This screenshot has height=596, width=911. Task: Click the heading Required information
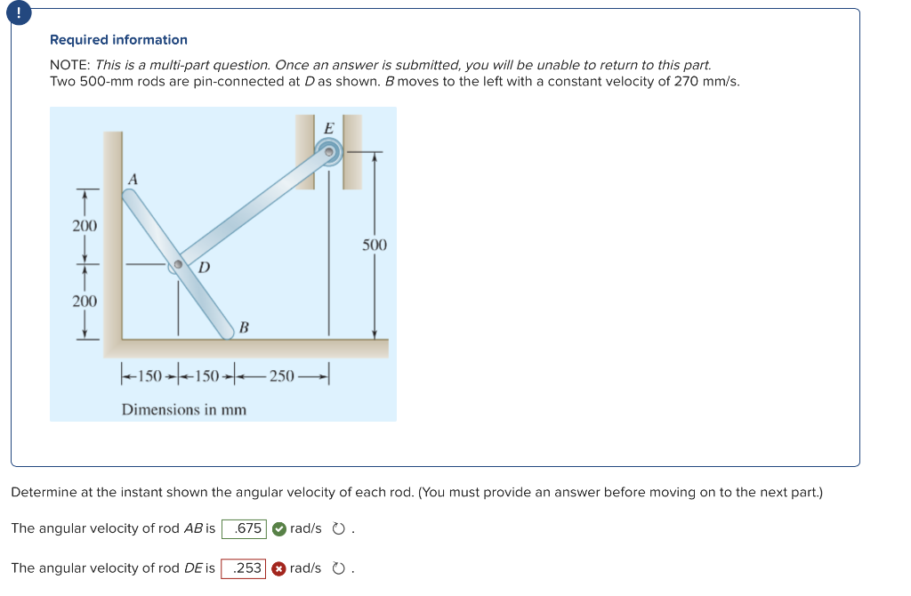point(118,40)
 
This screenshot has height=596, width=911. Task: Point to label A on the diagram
point(133,179)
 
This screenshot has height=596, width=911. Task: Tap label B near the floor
point(242,327)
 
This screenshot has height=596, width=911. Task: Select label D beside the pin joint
point(205,267)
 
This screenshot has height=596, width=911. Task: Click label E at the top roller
point(328,128)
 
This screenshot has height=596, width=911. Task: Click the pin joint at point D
point(179,264)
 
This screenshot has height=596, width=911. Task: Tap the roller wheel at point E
point(329,153)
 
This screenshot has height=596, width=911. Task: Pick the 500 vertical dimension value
point(375,244)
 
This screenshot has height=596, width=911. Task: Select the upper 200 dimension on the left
point(85,226)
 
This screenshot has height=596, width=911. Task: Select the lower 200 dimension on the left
point(85,302)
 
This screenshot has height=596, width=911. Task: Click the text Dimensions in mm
point(184,410)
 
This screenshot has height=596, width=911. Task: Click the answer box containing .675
point(244,528)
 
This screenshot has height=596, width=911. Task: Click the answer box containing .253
point(244,568)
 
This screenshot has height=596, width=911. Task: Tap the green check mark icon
point(278,528)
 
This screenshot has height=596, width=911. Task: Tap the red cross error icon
point(278,568)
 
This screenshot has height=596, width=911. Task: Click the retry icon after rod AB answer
point(338,528)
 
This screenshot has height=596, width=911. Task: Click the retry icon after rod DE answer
point(338,568)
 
